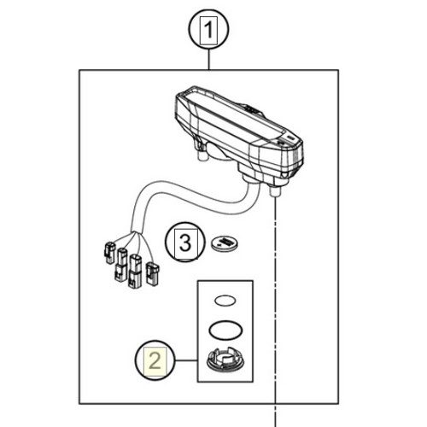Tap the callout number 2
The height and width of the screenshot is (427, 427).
[155, 360]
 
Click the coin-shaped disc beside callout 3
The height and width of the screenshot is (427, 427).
[225, 243]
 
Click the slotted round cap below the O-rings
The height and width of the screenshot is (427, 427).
[225, 361]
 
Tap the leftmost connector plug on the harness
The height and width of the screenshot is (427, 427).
[110, 253]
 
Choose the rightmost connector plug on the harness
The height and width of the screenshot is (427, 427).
[153, 274]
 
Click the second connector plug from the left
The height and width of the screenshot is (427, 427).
[121, 265]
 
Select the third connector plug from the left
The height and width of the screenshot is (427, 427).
[135, 272]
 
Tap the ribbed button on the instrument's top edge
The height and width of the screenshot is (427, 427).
[252, 109]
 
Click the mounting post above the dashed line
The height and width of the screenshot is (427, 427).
[275, 190]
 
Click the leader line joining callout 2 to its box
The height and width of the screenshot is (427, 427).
[186, 360]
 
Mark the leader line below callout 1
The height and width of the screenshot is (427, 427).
[209, 60]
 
